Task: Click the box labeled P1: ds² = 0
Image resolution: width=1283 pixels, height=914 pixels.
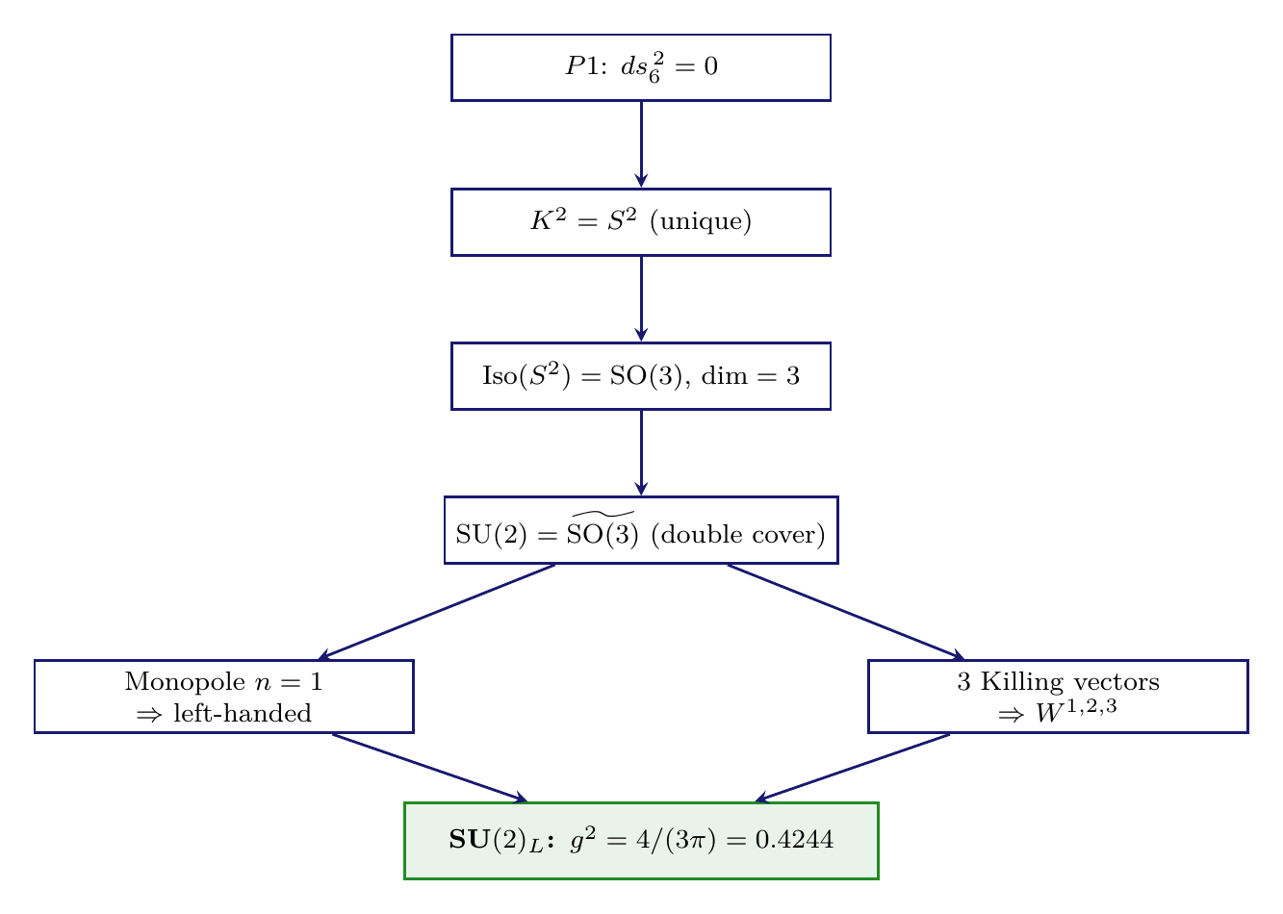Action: click(641, 67)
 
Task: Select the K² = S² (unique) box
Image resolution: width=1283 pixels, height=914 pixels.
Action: click(641, 222)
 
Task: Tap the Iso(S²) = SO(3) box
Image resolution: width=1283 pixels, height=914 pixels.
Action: click(641, 376)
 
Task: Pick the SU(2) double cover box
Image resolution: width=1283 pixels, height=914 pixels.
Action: click(641, 530)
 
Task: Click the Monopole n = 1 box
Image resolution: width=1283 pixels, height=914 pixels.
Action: click(224, 697)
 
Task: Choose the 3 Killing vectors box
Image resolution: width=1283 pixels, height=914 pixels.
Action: click(1058, 697)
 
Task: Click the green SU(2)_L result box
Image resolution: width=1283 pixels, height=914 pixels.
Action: click(641, 841)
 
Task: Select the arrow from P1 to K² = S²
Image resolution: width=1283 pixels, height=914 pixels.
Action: click(641, 144)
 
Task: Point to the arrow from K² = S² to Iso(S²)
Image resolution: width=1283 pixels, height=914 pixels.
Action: click(641, 298)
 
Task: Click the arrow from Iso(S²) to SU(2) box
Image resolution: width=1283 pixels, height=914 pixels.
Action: click(641, 452)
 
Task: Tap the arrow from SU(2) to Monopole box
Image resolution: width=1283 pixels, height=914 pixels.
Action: click(438, 611)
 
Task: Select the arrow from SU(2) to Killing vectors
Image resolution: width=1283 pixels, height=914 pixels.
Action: click(844, 611)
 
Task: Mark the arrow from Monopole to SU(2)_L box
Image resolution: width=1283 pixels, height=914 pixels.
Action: click(429, 767)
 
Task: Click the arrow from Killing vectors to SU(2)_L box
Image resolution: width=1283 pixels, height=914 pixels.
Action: click(853, 767)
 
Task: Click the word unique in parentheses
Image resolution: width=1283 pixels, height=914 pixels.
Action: click(701, 222)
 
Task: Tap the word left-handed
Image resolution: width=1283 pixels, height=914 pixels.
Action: click(243, 714)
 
